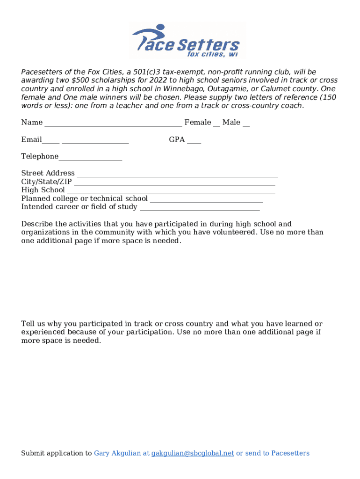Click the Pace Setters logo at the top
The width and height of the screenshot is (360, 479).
(x=186, y=41)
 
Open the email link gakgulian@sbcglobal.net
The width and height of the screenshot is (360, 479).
(x=193, y=453)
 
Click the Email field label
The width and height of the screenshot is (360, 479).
(x=31, y=140)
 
